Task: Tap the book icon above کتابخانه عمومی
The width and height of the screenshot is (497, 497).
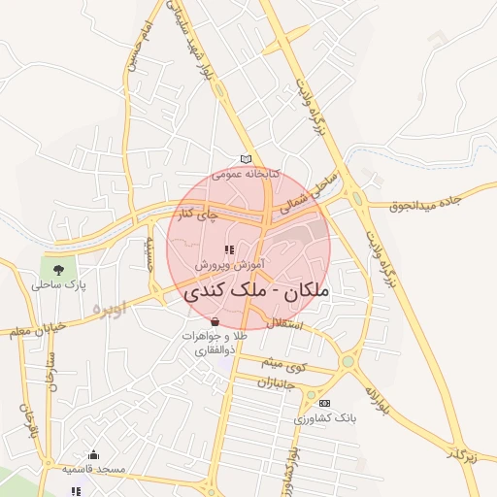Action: pos(246,159)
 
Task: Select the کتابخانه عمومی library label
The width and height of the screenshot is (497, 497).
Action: pos(246,174)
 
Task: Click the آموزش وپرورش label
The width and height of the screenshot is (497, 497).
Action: pos(229,264)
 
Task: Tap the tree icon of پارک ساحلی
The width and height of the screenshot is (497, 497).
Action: pos(58,269)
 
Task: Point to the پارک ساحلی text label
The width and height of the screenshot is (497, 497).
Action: pos(58,285)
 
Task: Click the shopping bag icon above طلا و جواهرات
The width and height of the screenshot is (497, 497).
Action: pos(214,320)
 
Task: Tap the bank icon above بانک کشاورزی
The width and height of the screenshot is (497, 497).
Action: pos(324,403)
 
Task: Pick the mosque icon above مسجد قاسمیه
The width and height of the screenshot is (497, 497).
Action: pos(94,453)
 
